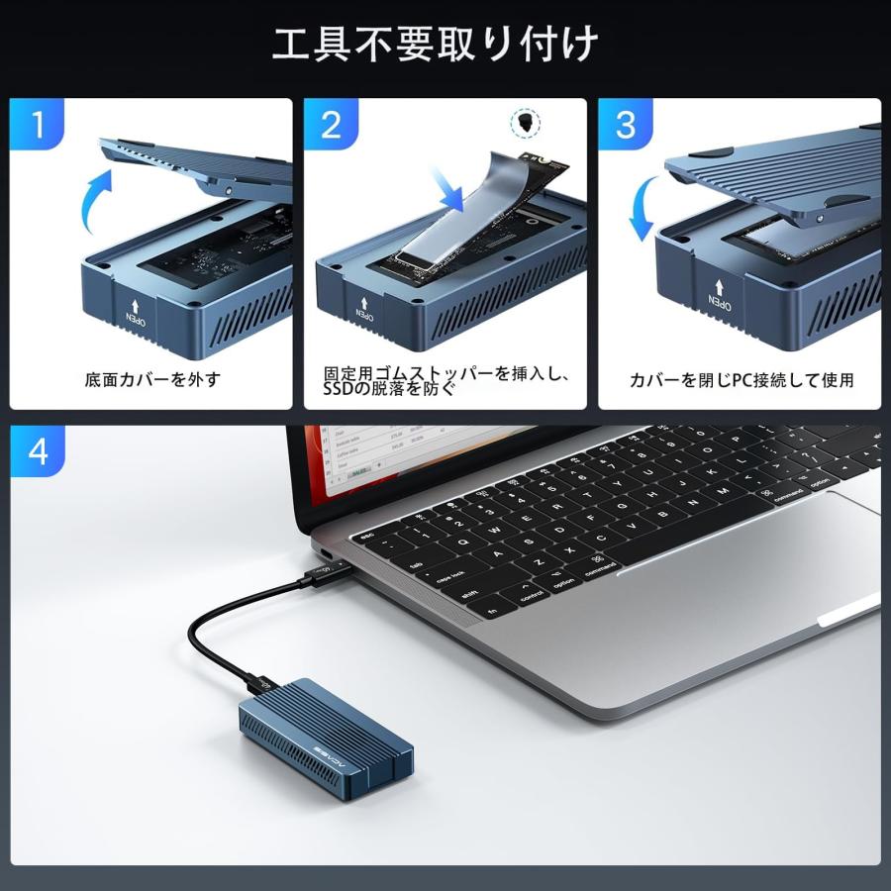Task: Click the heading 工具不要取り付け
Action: coord(436,44)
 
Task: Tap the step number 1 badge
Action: coord(39,125)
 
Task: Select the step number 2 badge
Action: coord(331,125)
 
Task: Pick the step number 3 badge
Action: coord(626,125)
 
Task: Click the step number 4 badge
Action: coord(39,452)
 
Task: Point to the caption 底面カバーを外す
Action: coord(152,379)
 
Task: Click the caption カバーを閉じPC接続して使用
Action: coord(742,379)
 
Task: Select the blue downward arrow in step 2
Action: coord(457,187)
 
